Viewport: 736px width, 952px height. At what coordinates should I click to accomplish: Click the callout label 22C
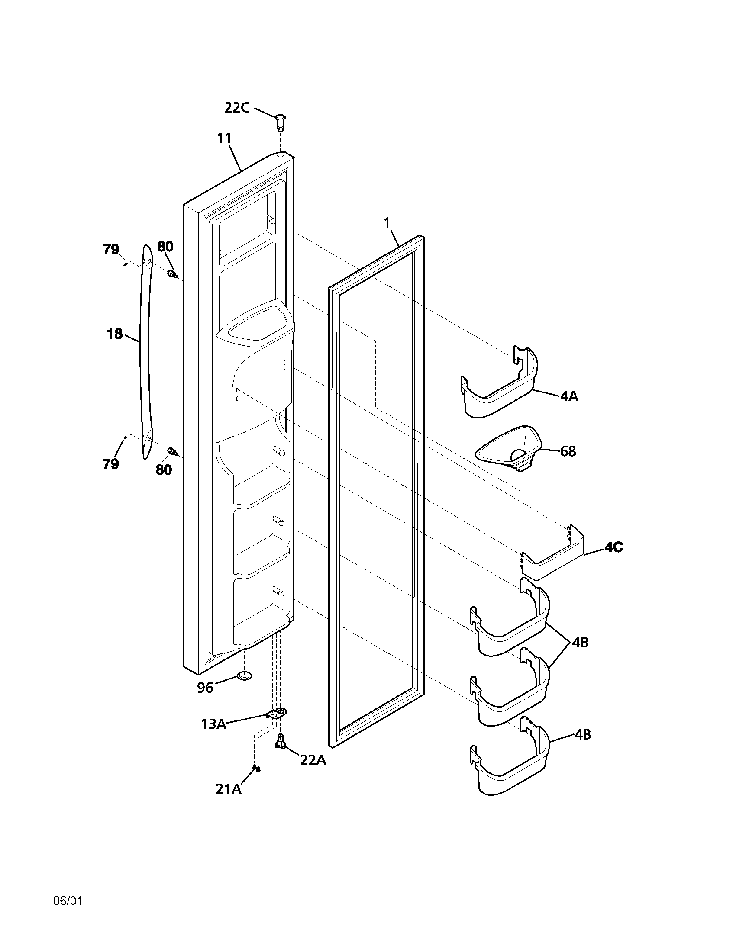(237, 107)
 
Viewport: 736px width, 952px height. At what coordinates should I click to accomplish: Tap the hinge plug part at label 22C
(280, 122)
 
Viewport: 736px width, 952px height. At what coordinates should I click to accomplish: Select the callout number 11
(224, 138)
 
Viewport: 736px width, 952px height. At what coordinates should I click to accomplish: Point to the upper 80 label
(165, 247)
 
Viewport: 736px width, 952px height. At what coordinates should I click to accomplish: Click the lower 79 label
(111, 464)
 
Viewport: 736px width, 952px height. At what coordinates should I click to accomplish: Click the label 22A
(313, 760)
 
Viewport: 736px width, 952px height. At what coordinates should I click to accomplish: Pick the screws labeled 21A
(256, 769)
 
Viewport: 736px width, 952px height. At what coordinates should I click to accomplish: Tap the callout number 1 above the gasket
(386, 222)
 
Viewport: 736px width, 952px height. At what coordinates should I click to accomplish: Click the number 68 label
(568, 451)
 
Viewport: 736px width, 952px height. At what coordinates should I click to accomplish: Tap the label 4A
(569, 396)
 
